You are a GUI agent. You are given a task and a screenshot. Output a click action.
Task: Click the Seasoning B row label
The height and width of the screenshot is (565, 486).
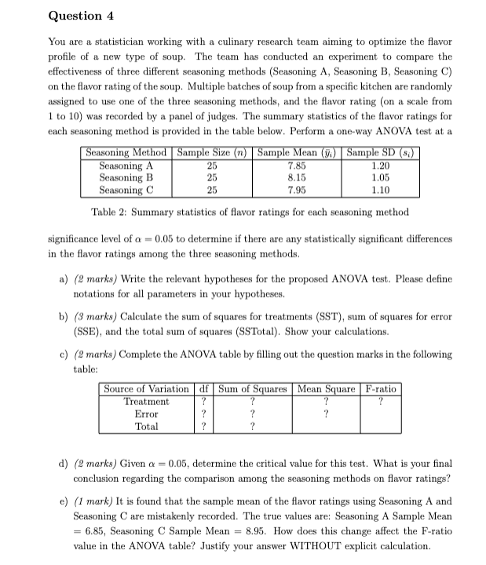point(126,178)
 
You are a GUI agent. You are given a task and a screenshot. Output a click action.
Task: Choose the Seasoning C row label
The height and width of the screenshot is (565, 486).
point(126,190)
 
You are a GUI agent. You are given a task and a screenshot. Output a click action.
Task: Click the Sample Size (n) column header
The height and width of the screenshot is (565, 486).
point(212,153)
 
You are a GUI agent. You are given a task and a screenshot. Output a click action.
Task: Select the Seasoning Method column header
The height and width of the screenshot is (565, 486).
point(126,153)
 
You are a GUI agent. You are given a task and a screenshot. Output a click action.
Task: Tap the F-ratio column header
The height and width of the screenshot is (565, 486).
point(380,389)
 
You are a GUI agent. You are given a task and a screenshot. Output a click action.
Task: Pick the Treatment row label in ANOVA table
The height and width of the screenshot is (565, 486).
point(146,402)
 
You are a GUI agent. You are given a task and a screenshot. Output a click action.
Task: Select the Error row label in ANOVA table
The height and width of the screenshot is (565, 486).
point(146,414)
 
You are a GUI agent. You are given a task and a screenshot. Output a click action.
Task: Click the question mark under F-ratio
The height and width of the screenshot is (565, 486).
point(380,402)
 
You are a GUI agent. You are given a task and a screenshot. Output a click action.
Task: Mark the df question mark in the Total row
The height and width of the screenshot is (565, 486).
point(203,426)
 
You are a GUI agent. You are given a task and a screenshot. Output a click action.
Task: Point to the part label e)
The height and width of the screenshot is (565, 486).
point(64,501)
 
